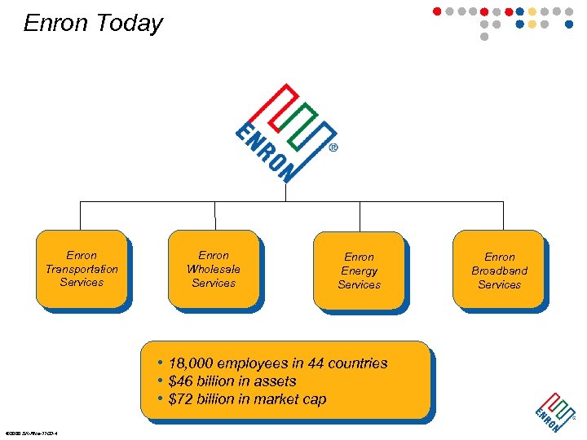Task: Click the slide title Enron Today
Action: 93,24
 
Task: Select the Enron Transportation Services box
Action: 82,270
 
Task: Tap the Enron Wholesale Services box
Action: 214,270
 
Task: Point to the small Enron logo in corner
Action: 554,412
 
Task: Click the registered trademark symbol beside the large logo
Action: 333,149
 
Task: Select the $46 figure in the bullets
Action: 180,381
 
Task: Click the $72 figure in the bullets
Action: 180,399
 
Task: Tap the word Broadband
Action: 499,271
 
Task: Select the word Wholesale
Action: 214,269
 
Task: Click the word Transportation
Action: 82,269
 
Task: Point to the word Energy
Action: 359,271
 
